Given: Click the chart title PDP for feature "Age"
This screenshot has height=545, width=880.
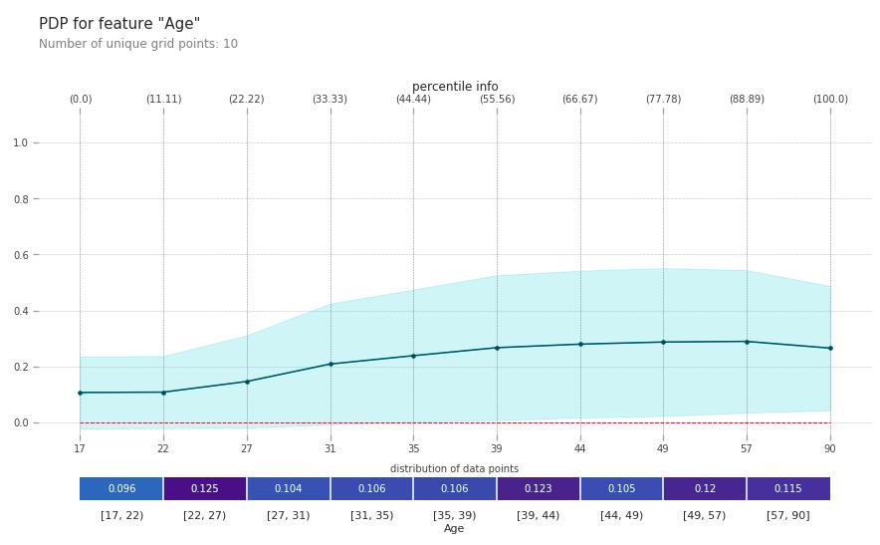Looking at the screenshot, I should coord(119,24).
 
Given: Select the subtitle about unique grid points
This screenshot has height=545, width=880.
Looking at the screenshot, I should coord(138,45).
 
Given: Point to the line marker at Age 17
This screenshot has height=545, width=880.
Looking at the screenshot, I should coord(81,393).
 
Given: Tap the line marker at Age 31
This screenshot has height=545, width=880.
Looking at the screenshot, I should coord(330,364).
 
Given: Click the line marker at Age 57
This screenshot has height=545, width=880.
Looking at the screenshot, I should coord(747,342).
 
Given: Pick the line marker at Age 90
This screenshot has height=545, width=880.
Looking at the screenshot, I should coord(830,349).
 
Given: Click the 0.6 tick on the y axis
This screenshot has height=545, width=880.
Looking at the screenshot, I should coord(20,255).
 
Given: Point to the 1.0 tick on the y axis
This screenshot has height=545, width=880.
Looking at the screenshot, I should coord(20,143).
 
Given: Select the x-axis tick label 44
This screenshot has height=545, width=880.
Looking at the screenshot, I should coord(580,448).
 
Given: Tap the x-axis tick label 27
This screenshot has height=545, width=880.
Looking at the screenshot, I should coord(247,448).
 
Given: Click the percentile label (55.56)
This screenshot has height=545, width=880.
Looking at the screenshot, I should coord(497,100).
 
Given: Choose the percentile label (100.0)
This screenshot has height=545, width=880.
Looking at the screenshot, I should coord(830,100).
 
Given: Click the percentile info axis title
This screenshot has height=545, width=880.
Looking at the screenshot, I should coord(455,87).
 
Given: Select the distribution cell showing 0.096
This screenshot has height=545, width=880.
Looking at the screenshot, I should coord(121,489).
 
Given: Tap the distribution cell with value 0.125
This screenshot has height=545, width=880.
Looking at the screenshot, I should coord(205,489).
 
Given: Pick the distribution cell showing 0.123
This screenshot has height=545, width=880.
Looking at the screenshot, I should coord(539,489).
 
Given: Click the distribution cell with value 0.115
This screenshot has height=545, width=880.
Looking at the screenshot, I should coord(788,489).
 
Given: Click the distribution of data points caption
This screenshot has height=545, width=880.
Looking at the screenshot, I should coord(454,469).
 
